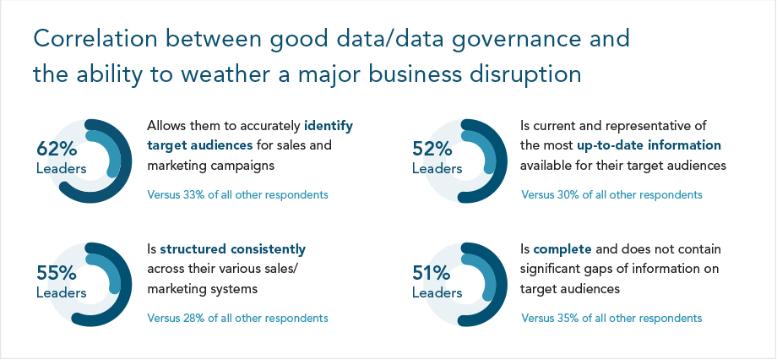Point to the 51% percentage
coord(430,273)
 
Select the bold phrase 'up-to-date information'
coord(648,145)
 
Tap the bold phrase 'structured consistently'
coord(232,249)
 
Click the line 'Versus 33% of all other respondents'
coord(237,194)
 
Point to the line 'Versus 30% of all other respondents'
coord(611,194)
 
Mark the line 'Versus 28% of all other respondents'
coord(237,319)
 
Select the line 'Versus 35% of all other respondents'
coord(611,319)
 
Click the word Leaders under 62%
coord(61,168)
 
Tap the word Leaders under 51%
coord(437,292)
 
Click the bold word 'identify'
coord(328,125)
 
